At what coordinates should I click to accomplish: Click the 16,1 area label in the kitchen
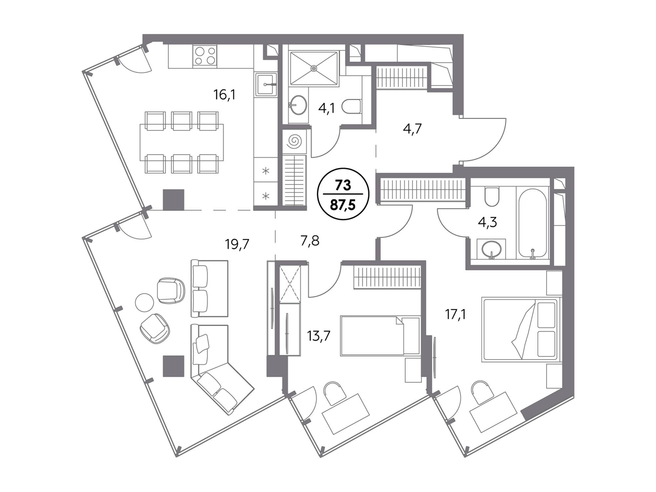[x=225, y=95]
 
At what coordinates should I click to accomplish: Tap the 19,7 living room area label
[x=237, y=244]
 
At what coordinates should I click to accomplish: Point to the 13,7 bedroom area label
[x=318, y=336]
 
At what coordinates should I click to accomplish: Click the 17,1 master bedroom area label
[x=456, y=315]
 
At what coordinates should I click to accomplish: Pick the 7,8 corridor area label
[x=310, y=241]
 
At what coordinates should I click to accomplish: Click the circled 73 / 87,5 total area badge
[x=343, y=194]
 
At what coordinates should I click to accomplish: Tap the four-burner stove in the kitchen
[x=205, y=56]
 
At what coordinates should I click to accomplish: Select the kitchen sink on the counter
[x=266, y=84]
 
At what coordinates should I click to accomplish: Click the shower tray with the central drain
[x=314, y=68]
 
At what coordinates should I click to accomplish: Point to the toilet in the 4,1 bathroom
[x=352, y=107]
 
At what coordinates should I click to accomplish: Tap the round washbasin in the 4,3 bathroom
[x=491, y=249]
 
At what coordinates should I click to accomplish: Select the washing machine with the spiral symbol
[x=294, y=142]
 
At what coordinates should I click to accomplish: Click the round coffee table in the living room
[x=144, y=302]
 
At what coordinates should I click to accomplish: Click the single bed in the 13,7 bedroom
[x=380, y=336]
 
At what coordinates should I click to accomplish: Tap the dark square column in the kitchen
[x=174, y=200]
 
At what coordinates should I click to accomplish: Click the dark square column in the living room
[x=174, y=366]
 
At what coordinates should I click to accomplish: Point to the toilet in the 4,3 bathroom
[x=491, y=196]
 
